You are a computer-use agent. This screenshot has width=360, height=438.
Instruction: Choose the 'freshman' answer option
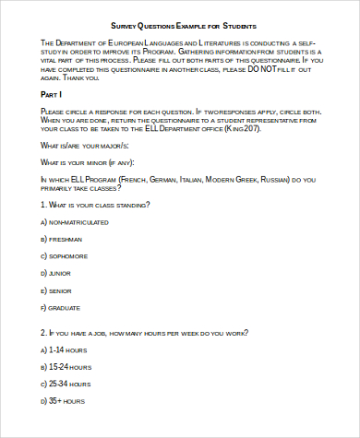pos(64,239)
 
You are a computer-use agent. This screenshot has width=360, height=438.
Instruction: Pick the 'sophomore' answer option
pos(67,255)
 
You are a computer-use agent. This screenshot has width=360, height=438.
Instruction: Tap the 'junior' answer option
pos(60,273)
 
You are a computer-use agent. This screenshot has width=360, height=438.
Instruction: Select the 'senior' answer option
pos(60,290)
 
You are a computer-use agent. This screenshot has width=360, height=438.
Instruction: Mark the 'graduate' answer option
pos(65,306)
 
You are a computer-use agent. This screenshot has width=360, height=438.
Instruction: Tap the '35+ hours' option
pos(64,401)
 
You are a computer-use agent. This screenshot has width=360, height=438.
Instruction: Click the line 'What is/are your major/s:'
pos(84,146)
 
